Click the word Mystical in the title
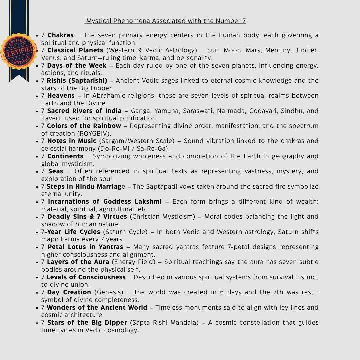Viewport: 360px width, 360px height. click(97, 21)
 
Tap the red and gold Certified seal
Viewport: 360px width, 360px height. click(19, 51)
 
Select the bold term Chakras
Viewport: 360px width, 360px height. click(61, 35)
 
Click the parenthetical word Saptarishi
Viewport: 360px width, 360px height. click(91, 81)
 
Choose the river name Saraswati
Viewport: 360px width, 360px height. click(199, 111)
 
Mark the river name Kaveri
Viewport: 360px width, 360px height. click(50, 118)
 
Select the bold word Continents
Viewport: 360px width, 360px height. click(65, 156)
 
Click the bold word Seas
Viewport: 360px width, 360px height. click(56, 171)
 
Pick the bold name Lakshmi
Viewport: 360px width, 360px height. click(148, 202)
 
